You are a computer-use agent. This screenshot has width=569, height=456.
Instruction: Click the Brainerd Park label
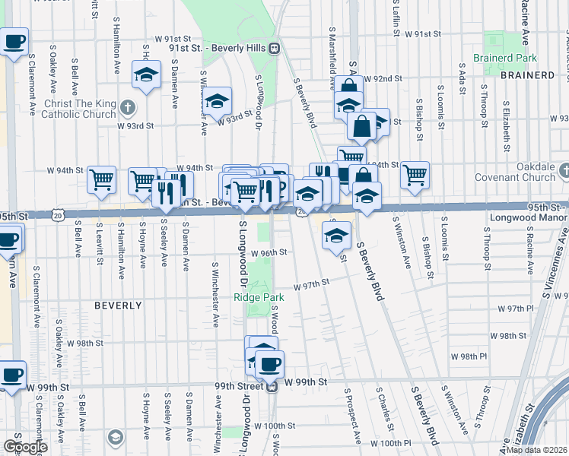505,58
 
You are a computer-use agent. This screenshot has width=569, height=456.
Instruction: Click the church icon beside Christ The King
128,107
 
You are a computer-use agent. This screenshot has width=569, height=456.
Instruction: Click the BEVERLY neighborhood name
118,306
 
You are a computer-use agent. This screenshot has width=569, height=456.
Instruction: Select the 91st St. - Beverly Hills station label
215,48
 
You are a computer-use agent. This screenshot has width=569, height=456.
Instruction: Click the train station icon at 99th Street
272,386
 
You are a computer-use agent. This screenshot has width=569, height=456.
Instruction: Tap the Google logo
25,446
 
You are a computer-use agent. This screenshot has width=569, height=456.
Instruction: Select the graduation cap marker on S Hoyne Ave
146,74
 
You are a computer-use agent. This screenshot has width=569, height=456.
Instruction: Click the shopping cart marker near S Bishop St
415,174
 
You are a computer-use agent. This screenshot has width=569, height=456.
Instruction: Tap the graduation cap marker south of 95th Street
336,234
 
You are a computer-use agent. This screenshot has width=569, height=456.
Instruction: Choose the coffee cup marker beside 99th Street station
269,363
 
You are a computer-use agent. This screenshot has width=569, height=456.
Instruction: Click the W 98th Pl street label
469,356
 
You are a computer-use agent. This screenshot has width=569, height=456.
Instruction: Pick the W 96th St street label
270,252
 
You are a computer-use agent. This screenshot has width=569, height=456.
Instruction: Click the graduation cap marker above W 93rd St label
218,100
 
